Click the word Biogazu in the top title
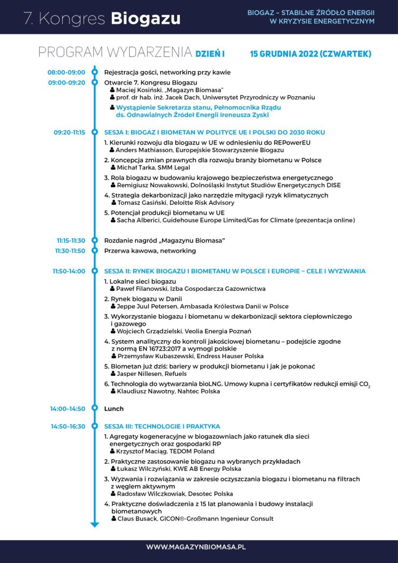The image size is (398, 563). [146, 19]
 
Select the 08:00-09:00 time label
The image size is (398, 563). [66, 73]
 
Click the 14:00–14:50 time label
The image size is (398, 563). [67, 409]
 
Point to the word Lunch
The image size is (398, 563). [114, 409]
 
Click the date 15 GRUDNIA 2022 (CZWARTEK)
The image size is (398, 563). [310, 54]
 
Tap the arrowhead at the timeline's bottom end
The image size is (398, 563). [94, 525]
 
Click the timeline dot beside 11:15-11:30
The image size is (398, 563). [94, 241]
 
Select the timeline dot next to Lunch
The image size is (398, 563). [94, 409]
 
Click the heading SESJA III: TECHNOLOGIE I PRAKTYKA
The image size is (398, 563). [162, 426]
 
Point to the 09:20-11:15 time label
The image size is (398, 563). [69, 132]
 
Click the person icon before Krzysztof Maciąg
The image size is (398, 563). [112, 452]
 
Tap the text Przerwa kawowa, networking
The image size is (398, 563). [150, 251]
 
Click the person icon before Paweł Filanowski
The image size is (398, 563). [113, 289]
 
